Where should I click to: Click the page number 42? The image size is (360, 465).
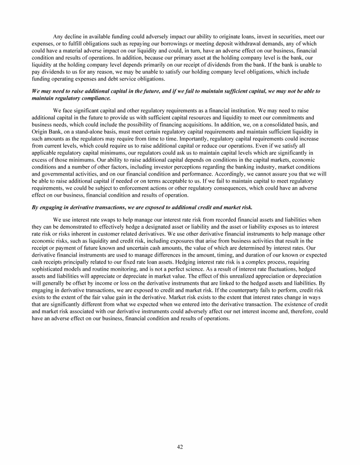tap(180, 447)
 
